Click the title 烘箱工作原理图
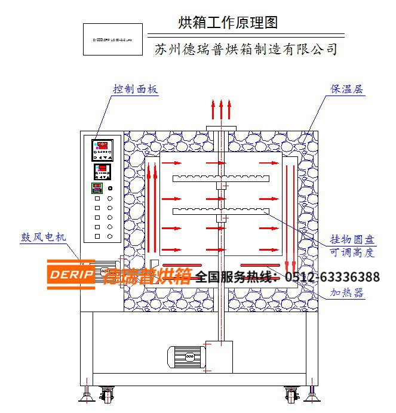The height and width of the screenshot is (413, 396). tap(228, 23)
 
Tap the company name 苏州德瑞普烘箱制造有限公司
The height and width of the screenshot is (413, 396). tap(245, 49)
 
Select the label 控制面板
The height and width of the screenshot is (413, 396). tap(136, 90)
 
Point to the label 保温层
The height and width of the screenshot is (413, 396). tap(348, 90)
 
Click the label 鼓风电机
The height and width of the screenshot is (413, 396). tap(43, 237)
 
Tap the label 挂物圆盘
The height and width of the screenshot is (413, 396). tap(353, 240)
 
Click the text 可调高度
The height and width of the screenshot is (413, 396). tap(353, 252)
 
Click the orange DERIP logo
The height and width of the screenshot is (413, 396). tap(70, 275)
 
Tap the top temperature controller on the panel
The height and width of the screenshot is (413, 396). tap(102, 150)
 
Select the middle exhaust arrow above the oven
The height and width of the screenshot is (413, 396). tap(221, 111)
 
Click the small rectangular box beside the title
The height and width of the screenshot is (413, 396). tap(112, 39)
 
